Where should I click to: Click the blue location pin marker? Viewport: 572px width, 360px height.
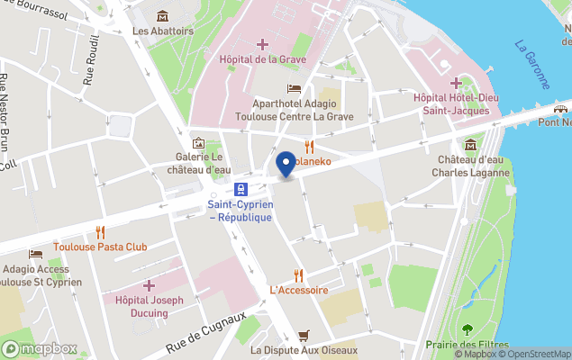pos(286,164)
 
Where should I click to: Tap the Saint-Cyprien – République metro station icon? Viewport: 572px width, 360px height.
pos(241,189)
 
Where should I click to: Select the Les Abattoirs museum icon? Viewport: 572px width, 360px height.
pos(162,15)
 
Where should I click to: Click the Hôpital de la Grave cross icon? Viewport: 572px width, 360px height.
pos(262,44)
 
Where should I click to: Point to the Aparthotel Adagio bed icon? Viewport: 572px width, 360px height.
pos(294,88)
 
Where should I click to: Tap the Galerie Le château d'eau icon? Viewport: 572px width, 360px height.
pos(198,143)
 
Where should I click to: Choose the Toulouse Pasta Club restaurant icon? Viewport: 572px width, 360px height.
pos(100,231)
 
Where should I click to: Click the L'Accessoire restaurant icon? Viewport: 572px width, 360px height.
pos(298,275)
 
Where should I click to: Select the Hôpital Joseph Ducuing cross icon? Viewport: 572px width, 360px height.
pos(149,284)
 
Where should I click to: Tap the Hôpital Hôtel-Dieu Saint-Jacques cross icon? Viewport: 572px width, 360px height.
pos(457,83)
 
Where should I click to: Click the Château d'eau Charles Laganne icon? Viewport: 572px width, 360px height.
pos(469,144)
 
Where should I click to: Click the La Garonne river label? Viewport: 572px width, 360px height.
pos(532,64)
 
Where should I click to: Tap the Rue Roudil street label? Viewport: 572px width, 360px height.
pos(91,67)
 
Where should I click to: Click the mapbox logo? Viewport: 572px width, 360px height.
pos(40,348)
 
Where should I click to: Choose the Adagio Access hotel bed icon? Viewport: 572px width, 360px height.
pos(35,254)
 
